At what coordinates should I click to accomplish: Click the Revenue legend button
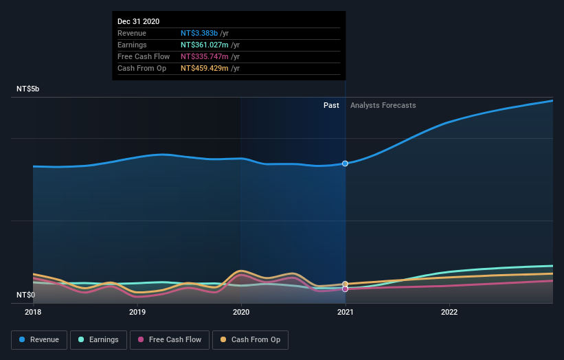(x=40, y=339)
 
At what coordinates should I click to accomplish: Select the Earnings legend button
(x=99, y=339)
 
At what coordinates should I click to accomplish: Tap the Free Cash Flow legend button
(x=170, y=339)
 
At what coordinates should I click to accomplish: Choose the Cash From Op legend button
(x=250, y=339)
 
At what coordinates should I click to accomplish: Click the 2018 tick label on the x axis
(x=33, y=312)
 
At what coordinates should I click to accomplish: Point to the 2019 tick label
(x=137, y=312)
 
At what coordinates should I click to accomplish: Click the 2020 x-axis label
(x=241, y=312)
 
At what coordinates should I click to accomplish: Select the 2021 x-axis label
(x=345, y=312)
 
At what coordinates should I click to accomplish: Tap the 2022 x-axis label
(x=449, y=312)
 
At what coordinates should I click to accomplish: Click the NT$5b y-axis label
(x=28, y=89)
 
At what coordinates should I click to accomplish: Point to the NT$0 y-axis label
(x=25, y=295)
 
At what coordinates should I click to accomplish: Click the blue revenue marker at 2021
(x=345, y=164)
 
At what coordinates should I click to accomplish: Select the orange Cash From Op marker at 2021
(x=345, y=284)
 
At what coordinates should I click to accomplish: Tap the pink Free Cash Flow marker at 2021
(x=345, y=289)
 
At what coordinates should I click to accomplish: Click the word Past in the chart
(x=331, y=105)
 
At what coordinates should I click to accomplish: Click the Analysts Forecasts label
(x=383, y=105)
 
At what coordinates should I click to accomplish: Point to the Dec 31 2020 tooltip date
(x=138, y=21)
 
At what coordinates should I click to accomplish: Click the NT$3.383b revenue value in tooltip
(x=199, y=33)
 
